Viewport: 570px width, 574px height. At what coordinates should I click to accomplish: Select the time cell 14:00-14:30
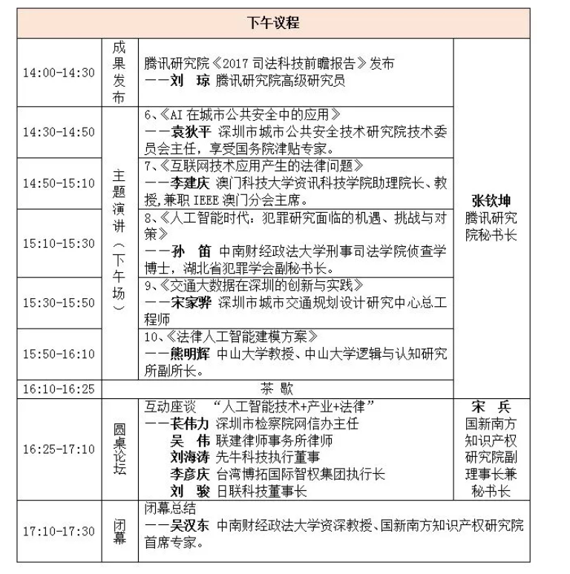pyautogui.click(x=59, y=72)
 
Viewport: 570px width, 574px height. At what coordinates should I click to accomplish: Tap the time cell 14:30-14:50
pyautogui.click(x=59, y=132)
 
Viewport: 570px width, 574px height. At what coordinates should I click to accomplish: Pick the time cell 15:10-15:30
pyautogui.click(x=59, y=243)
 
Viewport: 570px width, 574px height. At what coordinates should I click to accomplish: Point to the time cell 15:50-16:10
pyautogui.click(x=59, y=354)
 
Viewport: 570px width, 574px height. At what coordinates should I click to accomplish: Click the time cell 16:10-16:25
pyautogui.click(x=59, y=388)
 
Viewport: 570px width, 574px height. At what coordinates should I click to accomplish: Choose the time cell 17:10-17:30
pyautogui.click(x=59, y=531)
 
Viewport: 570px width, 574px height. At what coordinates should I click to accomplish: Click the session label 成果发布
pyautogui.click(x=118, y=72)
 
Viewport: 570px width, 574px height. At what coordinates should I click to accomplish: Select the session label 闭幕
pyautogui.click(x=118, y=531)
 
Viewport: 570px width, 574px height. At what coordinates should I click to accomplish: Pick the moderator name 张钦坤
pyautogui.click(x=491, y=202)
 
